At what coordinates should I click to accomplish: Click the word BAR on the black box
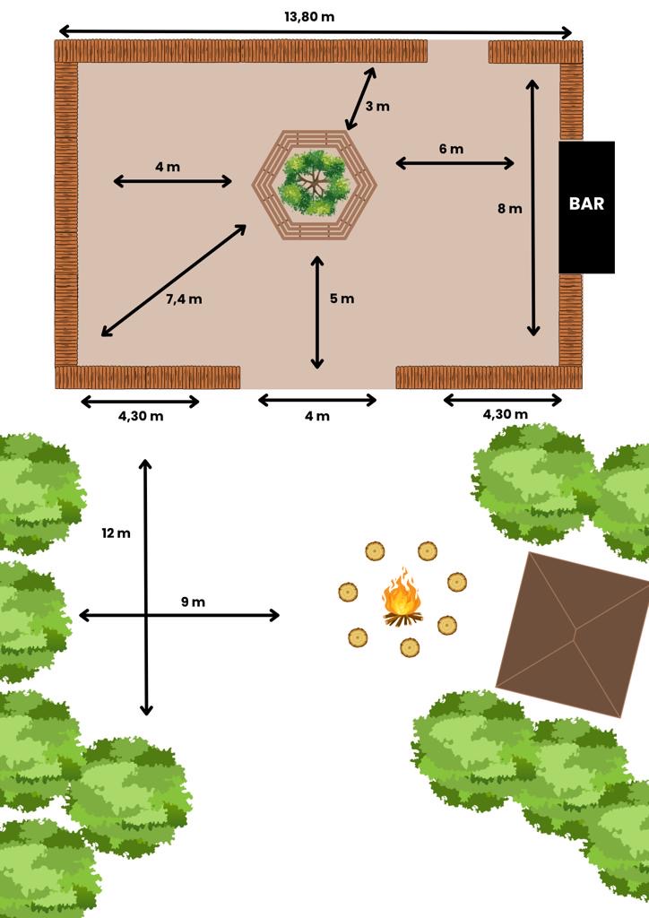coord(586,204)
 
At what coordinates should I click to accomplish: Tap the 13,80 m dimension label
coord(309,16)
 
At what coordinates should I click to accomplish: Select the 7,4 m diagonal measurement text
coord(184,299)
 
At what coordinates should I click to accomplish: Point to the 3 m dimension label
coord(377,106)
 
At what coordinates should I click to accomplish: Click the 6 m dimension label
coord(451,149)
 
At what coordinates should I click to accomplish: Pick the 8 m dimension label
coord(510,208)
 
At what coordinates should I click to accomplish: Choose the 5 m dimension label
coord(342,299)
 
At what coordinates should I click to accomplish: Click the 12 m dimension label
coord(116,533)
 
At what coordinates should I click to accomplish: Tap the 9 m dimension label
coord(193,602)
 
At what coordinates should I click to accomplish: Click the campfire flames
coord(402,593)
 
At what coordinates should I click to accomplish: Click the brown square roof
coord(574,635)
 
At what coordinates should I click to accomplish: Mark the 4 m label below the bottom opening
coord(317,416)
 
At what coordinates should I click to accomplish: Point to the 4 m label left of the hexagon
coord(168,167)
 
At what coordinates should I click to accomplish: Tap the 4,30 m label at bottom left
coord(141,416)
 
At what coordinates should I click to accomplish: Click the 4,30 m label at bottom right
coord(505,414)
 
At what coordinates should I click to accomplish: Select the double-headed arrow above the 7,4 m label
coord(174,281)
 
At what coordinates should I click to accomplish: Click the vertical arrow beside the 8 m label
coord(532,208)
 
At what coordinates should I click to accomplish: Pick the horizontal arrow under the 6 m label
coord(454,163)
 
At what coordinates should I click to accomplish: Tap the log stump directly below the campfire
coord(410,647)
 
